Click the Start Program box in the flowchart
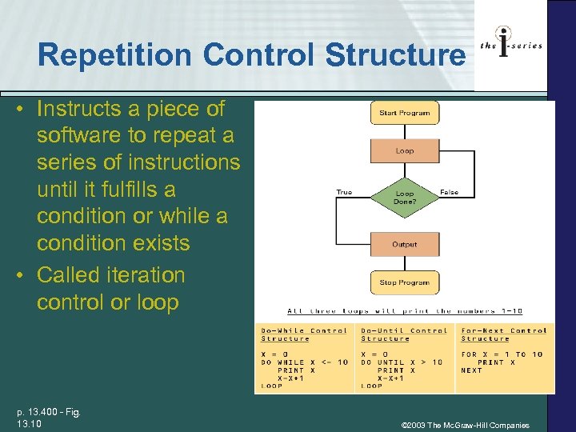pyautogui.click(x=404, y=113)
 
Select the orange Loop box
pyautogui.click(x=404, y=151)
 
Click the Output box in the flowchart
pyautogui.click(x=404, y=244)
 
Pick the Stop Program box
pyautogui.click(x=404, y=282)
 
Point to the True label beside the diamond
pyautogui.click(x=344, y=192)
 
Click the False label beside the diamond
pyautogui.click(x=449, y=192)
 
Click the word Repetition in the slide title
pyautogui.click(x=116, y=55)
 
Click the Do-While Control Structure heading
pyautogui.click(x=304, y=334)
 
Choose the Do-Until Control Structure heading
pyautogui.click(x=404, y=334)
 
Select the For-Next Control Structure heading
pyautogui.click(x=504, y=334)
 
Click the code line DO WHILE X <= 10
pyautogui.click(x=304, y=362)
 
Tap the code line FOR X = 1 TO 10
pyautogui.click(x=502, y=354)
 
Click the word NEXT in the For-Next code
pyautogui.click(x=472, y=370)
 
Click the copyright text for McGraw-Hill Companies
pyautogui.click(x=465, y=425)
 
